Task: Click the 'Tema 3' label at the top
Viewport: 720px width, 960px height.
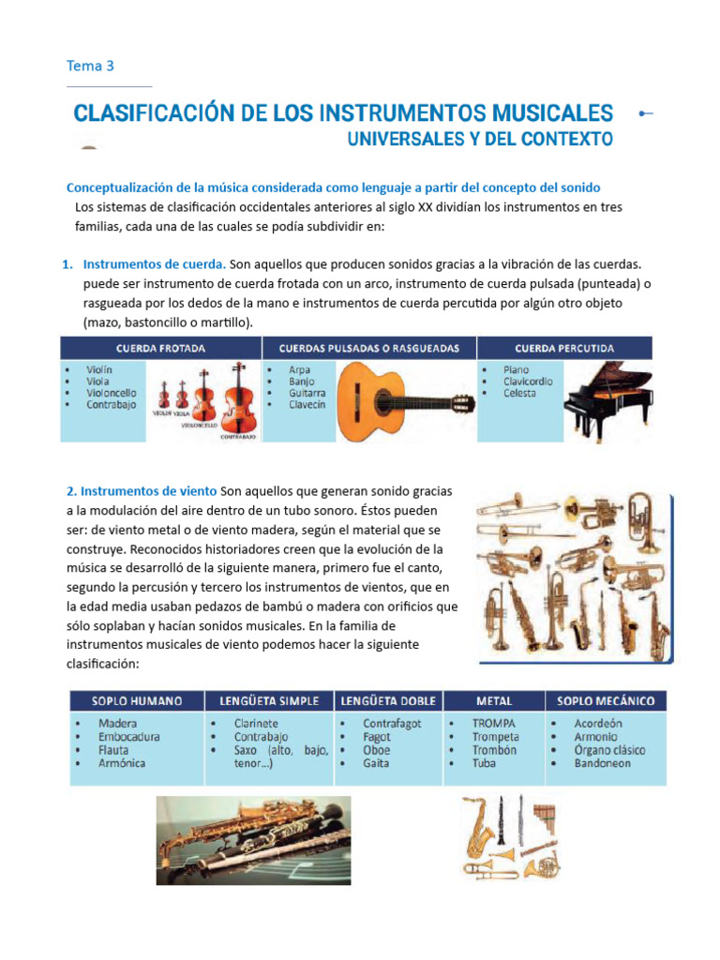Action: pos(90,66)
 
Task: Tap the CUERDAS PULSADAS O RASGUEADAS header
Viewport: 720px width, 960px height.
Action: pos(368,349)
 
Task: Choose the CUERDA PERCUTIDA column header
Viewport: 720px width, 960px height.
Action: pos(564,349)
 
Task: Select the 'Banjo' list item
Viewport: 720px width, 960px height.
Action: pos(301,382)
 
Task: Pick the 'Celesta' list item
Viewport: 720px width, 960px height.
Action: pos(518,394)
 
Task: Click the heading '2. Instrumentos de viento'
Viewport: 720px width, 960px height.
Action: pos(142,491)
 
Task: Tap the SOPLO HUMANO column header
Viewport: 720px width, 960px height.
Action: pos(137,701)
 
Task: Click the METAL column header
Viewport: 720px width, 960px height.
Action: pos(494,701)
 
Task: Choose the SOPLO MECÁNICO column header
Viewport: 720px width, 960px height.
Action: pos(605,701)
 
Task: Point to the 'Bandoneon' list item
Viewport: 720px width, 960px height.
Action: pos(602,763)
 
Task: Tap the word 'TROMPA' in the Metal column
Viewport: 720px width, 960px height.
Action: pos(494,724)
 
